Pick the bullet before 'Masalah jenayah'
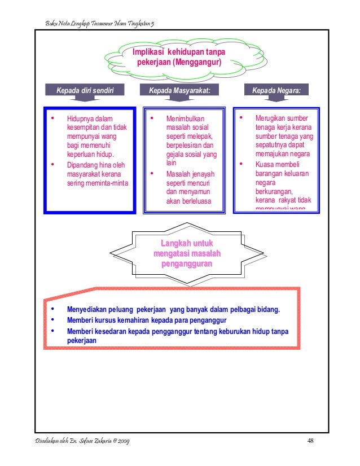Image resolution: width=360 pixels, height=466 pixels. tap(152, 174)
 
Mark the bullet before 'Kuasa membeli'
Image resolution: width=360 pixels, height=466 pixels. tap(241, 165)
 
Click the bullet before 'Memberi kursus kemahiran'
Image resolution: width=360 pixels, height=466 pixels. tap(52, 319)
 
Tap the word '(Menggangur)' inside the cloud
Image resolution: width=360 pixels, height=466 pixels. tap(197, 61)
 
